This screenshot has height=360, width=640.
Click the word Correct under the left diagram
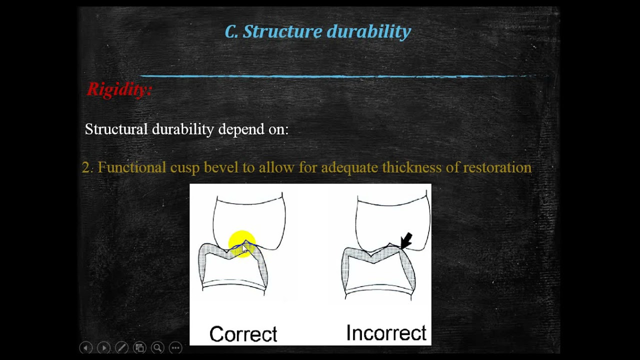click(x=243, y=333)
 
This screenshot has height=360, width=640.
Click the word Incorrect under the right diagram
click(x=386, y=332)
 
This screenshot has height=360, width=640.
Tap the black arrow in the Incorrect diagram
click(x=406, y=240)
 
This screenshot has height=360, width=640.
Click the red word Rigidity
click(x=119, y=89)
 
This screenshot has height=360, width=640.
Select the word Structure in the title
click(x=282, y=31)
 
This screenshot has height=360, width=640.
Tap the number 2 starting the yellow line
click(x=87, y=167)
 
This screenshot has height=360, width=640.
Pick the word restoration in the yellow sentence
click(x=497, y=167)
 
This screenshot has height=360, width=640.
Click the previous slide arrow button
click(x=86, y=347)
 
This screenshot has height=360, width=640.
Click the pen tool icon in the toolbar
click(x=121, y=347)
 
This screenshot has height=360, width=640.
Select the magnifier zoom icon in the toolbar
click(x=157, y=347)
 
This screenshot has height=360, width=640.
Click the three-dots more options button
click(x=175, y=347)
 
